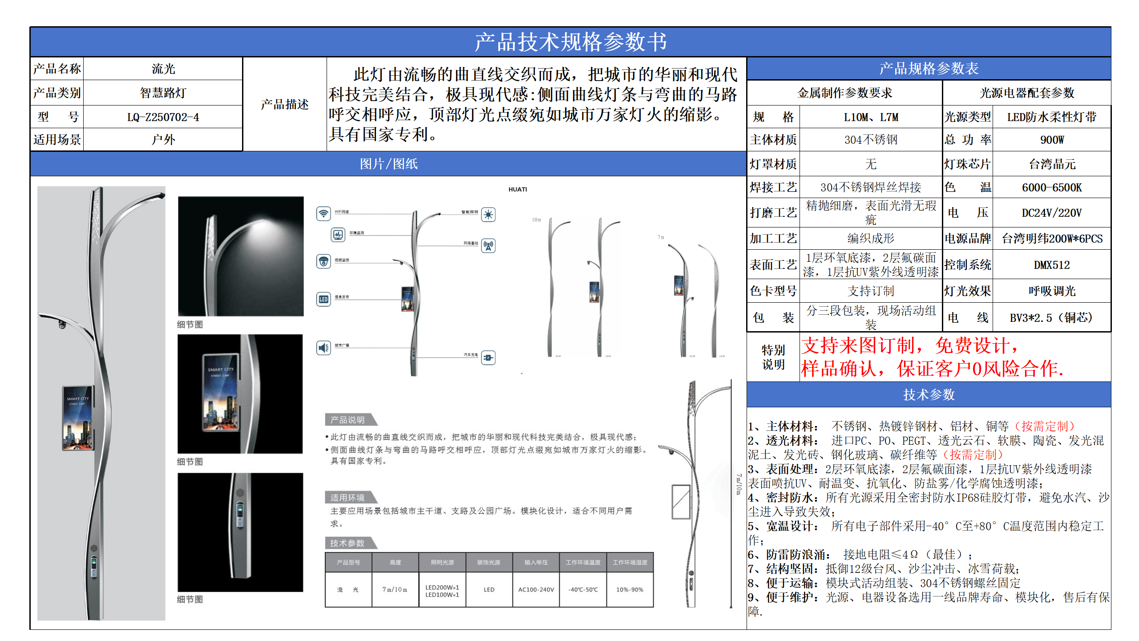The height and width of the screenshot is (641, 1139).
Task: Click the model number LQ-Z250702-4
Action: click(x=163, y=117)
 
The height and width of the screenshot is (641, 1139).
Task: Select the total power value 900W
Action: click(x=1052, y=140)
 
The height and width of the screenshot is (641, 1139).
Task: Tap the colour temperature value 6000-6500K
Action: click(x=1052, y=187)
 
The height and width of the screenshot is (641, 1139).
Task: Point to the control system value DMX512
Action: click(x=1052, y=265)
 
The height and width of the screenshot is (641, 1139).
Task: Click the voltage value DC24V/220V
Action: click(x=1052, y=213)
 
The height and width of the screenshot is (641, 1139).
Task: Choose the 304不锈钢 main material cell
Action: click(x=871, y=140)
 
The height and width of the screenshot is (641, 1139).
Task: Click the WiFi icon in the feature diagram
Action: click(x=323, y=214)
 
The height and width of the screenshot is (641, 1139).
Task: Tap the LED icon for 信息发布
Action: click(x=323, y=299)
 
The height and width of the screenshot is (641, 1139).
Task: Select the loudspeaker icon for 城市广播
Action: click(x=323, y=348)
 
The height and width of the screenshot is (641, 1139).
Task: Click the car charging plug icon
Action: click(x=488, y=357)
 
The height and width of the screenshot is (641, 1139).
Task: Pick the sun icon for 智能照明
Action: click(x=488, y=215)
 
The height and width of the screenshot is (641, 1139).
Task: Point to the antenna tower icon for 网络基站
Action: click(x=488, y=245)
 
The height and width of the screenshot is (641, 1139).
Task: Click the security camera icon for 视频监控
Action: click(x=323, y=261)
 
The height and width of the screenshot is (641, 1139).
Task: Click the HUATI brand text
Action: click(x=517, y=190)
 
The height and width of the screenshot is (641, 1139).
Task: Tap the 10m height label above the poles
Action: click(x=537, y=220)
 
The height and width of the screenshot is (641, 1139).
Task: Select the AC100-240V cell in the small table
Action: click(x=536, y=590)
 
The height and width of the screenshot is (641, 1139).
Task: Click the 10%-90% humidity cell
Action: click(x=630, y=590)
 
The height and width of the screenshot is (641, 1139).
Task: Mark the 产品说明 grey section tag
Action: click(x=348, y=420)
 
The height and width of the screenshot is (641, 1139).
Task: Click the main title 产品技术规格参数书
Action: click(x=570, y=42)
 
